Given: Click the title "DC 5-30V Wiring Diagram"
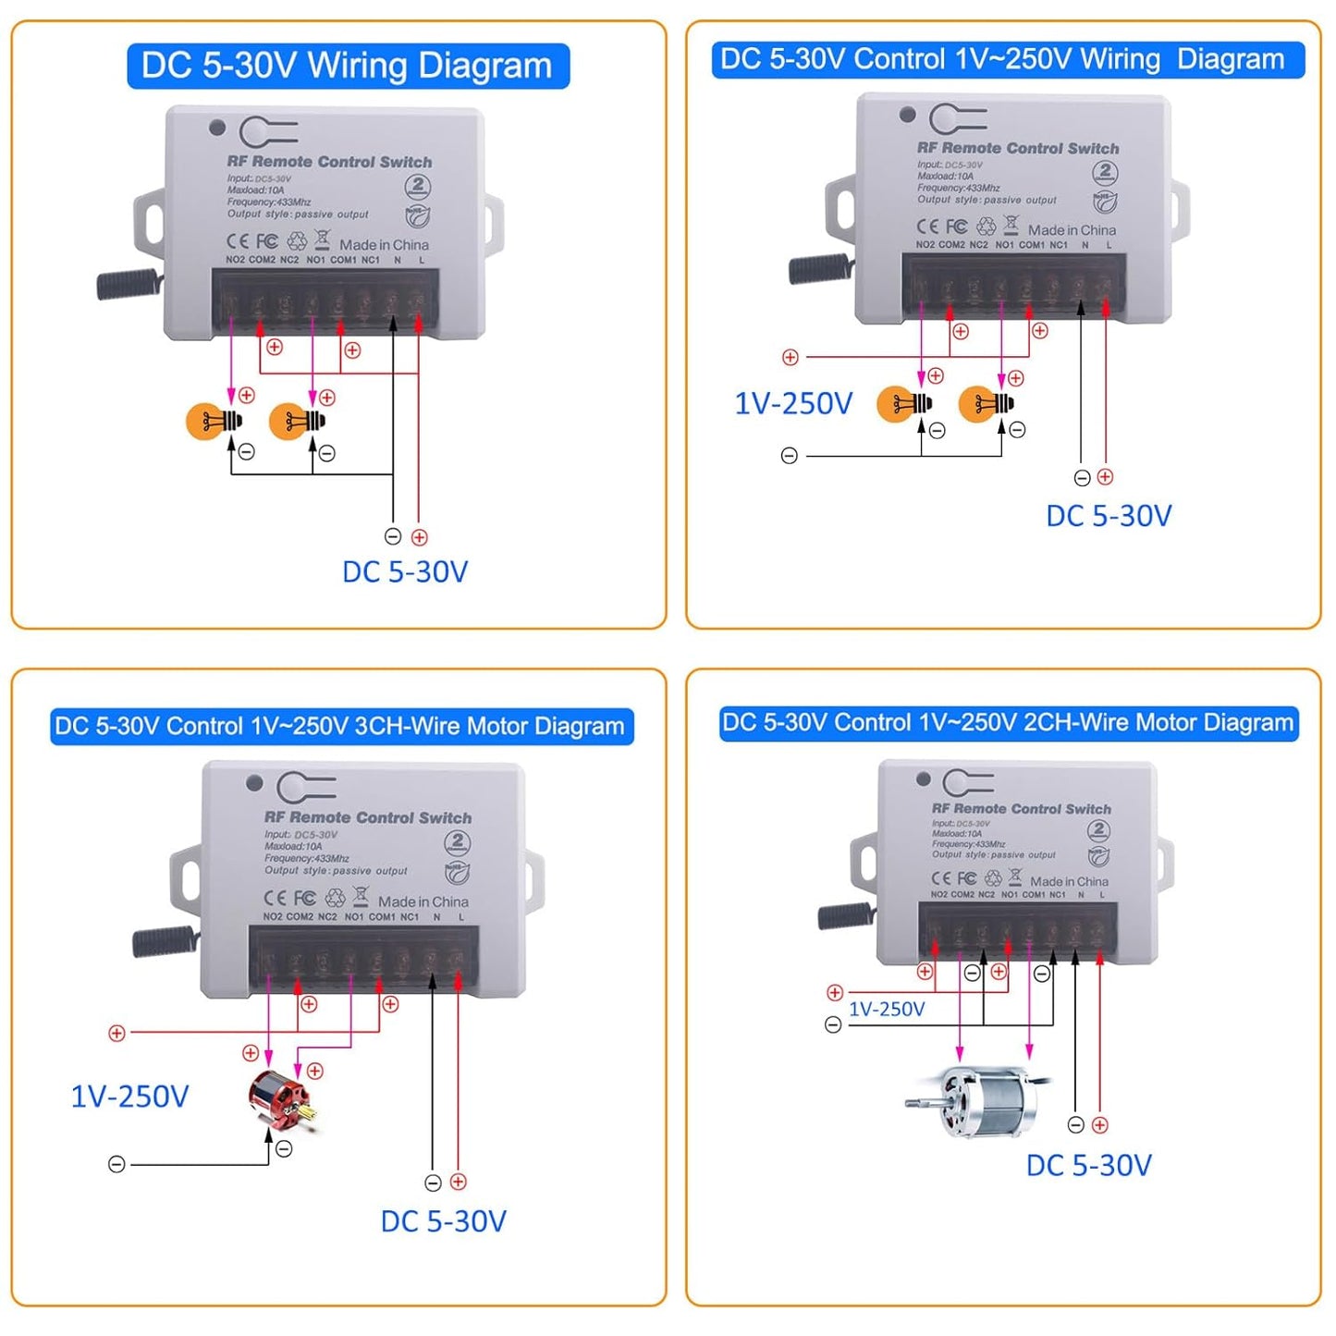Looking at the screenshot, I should (348, 66).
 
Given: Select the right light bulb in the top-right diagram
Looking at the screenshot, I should (986, 404).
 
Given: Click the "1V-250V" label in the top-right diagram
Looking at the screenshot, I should (793, 404).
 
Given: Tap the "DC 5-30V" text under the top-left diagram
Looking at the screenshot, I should (405, 572).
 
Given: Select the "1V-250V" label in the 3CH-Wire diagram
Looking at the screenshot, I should (129, 1097).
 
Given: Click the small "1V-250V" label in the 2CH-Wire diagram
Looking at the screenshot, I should (887, 1010).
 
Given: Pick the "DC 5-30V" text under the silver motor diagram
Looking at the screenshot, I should (1088, 1165).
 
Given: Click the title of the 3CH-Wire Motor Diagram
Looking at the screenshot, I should (340, 727).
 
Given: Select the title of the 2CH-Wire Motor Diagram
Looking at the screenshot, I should (1008, 723).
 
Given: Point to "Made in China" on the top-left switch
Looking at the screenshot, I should (384, 245).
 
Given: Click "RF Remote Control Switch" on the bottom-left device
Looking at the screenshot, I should (368, 818).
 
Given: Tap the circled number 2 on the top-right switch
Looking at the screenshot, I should (1105, 172).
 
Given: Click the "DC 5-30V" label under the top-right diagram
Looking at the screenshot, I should (1109, 516).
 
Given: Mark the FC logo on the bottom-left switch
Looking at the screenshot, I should (304, 898).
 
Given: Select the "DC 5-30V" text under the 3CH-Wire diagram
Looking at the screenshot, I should (444, 1221).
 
